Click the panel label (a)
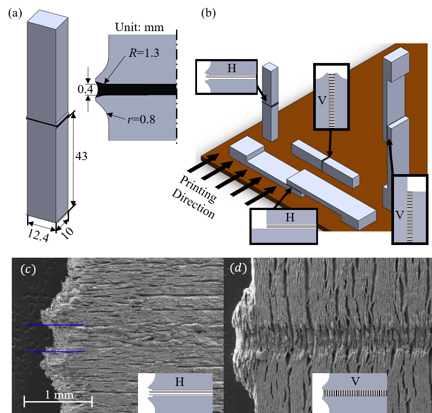[x=15, y=13]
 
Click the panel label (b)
[x=208, y=13]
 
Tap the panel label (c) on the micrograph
[x=28, y=269]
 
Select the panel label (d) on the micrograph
[x=238, y=268]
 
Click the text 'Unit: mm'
[x=139, y=27]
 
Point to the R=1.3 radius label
[x=144, y=52]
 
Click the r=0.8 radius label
[x=142, y=119]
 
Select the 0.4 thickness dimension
[x=86, y=89]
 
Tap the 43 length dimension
[x=81, y=156]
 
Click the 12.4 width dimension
[x=38, y=236]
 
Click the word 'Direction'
[x=193, y=204]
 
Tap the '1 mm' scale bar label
[x=59, y=395]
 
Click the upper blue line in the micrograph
[x=55, y=325]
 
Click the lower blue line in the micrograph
[x=55, y=352]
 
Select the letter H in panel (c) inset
[x=180, y=382]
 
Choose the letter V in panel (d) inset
[x=356, y=381]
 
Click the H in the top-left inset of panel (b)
[x=232, y=68]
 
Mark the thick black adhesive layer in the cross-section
[x=136, y=90]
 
